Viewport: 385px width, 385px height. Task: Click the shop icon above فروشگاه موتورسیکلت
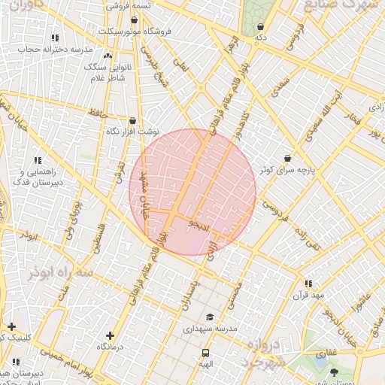coord(134,20)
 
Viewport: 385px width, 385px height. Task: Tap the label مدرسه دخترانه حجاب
coord(55,48)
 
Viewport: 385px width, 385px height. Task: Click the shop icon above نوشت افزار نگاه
coord(132,120)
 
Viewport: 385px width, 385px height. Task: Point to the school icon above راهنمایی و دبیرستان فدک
coord(38,160)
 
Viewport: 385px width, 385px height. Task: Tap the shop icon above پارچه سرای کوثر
coord(288,159)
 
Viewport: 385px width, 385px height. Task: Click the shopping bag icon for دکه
coord(261,26)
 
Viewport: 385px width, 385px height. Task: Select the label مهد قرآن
coord(308,295)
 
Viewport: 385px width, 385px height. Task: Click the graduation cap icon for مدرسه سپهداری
coord(211,317)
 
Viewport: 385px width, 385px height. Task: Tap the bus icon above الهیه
coord(205,353)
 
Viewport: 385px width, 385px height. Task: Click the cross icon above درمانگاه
coord(110,335)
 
